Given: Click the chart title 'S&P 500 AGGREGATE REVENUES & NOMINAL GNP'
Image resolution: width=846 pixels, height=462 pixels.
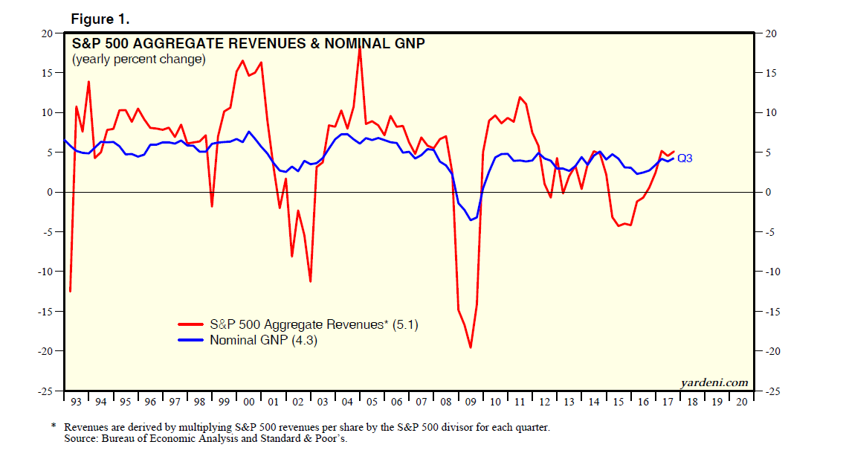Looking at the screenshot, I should coord(248,44).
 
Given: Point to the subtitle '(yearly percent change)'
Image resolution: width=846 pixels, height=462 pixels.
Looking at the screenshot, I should coord(138,60).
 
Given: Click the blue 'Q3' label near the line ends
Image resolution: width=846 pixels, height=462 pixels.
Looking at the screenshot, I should coord(685,158).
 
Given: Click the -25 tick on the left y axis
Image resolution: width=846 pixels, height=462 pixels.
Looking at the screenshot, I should coord(46,391).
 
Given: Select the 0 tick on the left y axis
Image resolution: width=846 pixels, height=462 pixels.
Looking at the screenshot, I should coord(51,192).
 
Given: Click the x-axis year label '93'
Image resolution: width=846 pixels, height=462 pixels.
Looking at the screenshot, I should coord(75,402).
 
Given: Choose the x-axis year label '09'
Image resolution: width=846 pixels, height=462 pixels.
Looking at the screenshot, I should coord(471,402).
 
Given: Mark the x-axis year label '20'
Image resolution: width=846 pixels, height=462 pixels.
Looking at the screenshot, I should coord(741,402).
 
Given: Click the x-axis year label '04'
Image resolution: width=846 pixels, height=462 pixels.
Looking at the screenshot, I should coord(347,402).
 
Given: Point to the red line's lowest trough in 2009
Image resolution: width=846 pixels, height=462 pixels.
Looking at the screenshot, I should coord(471,347).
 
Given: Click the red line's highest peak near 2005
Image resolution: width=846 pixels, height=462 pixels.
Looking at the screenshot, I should coord(360,48).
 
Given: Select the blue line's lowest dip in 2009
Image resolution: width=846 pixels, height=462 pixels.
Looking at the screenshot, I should coord(471,220).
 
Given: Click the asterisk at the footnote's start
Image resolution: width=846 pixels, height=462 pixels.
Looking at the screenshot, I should coord(54,427).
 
